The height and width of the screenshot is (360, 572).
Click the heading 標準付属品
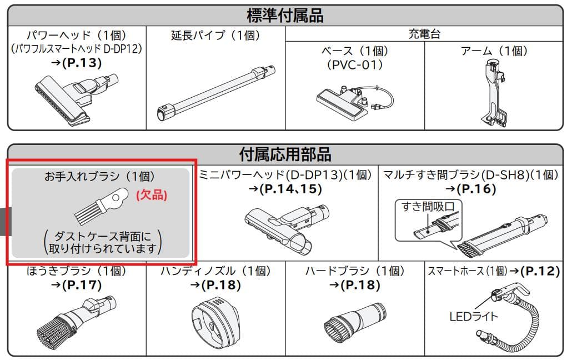[x=285, y=16]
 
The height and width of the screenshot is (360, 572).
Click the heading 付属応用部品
[x=285, y=154]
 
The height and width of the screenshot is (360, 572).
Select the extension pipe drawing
[x=215, y=93]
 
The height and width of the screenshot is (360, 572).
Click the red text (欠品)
[x=152, y=195]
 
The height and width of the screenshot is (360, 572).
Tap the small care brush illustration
[x=102, y=206]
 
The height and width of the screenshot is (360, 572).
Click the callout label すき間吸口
[x=428, y=207]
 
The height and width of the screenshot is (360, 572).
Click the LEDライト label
[x=474, y=316]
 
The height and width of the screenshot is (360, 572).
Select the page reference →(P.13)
[x=76, y=63]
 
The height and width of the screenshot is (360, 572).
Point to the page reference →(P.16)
[x=470, y=189]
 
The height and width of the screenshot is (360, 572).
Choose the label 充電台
[x=424, y=34]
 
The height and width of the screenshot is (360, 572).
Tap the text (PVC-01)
[x=354, y=65]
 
